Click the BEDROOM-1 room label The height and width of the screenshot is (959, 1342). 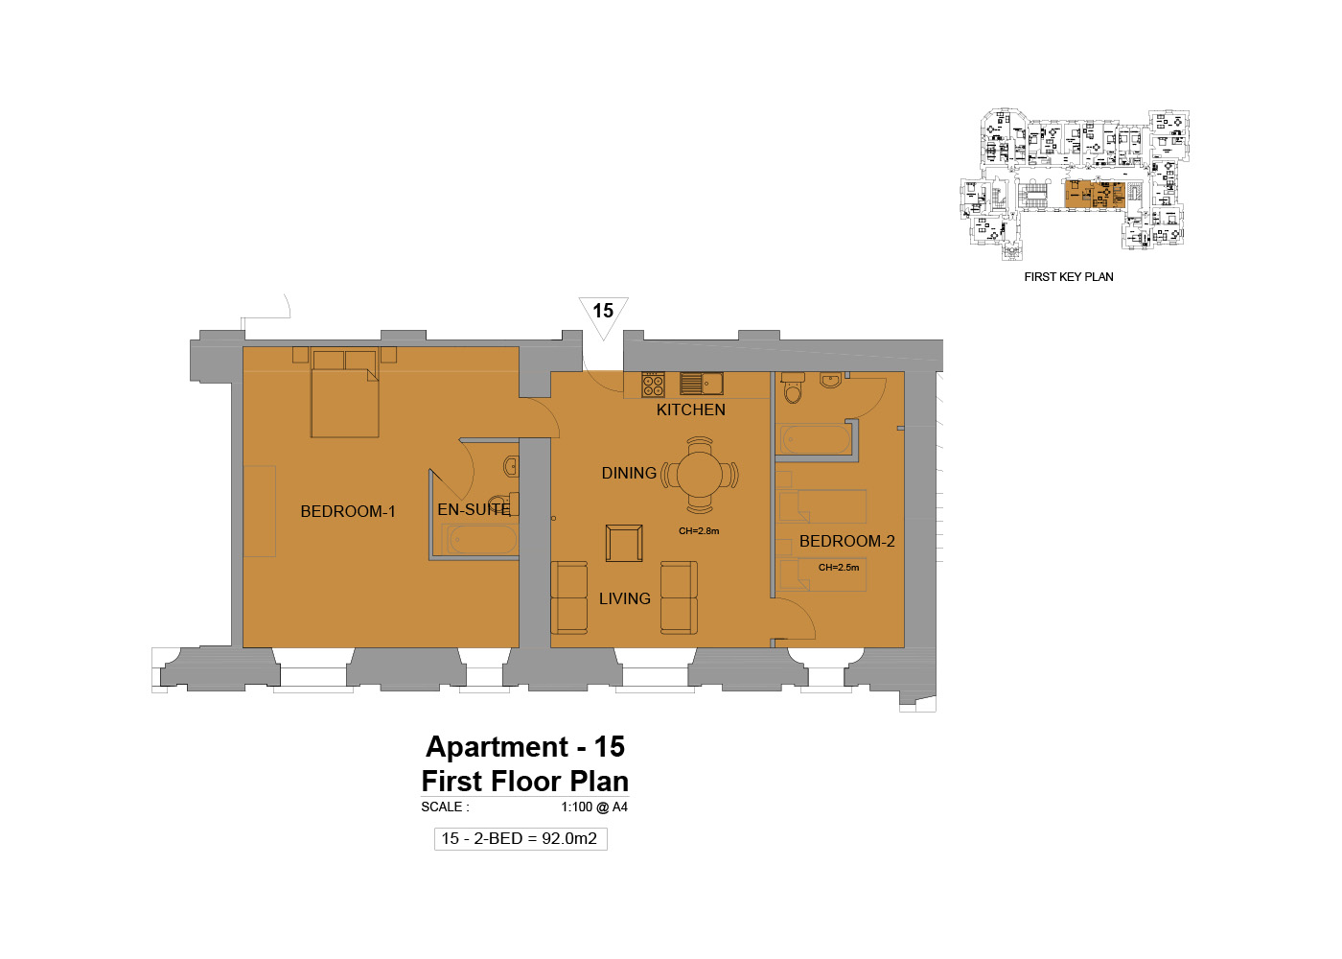coord(347,511)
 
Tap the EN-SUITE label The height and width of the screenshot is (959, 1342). coord(474,509)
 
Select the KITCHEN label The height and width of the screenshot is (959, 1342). coord(691,410)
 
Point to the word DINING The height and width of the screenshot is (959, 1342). coord(629,473)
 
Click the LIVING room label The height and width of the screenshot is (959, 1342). coord(625,598)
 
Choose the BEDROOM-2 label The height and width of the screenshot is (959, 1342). coord(847,541)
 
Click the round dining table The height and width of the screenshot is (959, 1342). coord(700,475)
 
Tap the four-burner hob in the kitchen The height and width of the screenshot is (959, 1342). coord(653,385)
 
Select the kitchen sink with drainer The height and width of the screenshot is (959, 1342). coord(702,384)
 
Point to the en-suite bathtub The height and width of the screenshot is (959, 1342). coord(480,540)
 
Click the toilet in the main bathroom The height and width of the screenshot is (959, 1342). coord(793,387)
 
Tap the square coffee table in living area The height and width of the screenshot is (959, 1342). coord(624,543)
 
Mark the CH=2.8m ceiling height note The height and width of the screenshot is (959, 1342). coord(699,530)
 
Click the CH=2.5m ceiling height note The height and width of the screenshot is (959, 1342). coord(839,567)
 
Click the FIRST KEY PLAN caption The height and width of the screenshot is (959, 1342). coord(1069,277)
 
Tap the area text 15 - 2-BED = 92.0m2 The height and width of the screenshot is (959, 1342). coord(520,838)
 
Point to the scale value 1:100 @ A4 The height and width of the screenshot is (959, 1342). coord(594,807)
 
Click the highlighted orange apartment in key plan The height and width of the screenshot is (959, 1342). coord(1095,194)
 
